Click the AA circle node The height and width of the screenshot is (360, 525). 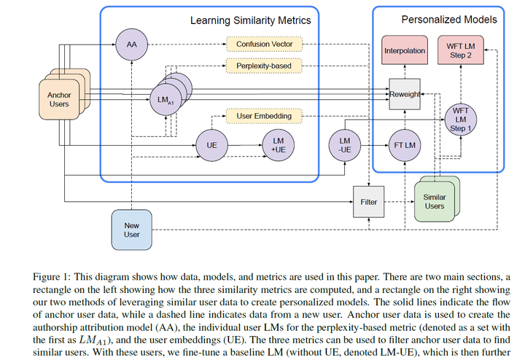pyautogui.click(x=132, y=44)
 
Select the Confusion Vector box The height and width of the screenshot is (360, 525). pyautogui.click(x=263, y=44)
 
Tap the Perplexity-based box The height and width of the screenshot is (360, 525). pyautogui.click(x=263, y=66)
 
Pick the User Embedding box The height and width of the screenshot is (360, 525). pyautogui.click(x=263, y=116)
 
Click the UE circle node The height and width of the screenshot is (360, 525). pyautogui.click(x=212, y=146)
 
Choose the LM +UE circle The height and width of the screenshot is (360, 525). pyautogui.click(x=279, y=146)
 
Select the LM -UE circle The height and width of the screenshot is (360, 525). pyautogui.click(x=346, y=145)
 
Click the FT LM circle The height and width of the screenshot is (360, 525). pyautogui.click(x=405, y=146)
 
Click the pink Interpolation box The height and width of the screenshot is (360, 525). pyautogui.click(x=404, y=51)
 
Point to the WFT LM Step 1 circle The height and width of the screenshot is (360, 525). pyautogui.click(x=461, y=119)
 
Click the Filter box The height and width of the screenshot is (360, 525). pyautogui.click(x=369, y=201)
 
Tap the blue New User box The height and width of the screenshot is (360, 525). pyautogui.click(x=131, y=229)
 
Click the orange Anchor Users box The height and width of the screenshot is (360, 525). pyautogui.click(x=58, y=99)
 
